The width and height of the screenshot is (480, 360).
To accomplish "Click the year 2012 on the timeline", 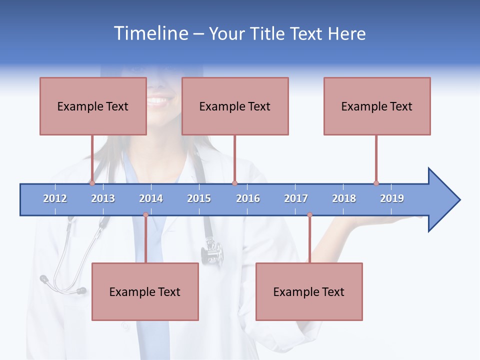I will (55, 198).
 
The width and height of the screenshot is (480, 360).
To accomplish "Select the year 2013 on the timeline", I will (103, 198).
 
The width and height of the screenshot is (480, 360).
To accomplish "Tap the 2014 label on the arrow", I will (151, 198).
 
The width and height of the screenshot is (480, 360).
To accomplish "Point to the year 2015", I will (199, 198).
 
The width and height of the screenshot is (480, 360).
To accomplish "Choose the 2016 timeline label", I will (248, 198).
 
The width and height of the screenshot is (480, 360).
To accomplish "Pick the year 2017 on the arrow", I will (296, 198).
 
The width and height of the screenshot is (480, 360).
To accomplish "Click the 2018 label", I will (344, 198).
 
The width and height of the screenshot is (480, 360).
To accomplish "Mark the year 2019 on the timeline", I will (392, 198).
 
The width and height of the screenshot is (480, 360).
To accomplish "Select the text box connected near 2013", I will (93, 106).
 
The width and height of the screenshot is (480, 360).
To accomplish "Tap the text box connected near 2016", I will (235, 106).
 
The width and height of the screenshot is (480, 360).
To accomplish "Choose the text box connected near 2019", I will (377, 106).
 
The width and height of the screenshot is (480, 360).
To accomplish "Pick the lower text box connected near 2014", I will (145, 291).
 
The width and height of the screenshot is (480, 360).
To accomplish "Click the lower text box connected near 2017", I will (309, 291).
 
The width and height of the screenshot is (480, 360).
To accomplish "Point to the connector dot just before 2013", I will (92, 183).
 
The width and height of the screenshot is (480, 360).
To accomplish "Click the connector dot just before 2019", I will (376, 183).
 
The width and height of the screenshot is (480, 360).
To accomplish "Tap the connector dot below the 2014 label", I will (145, 215).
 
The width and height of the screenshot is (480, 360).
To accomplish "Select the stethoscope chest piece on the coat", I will (212, 252).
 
